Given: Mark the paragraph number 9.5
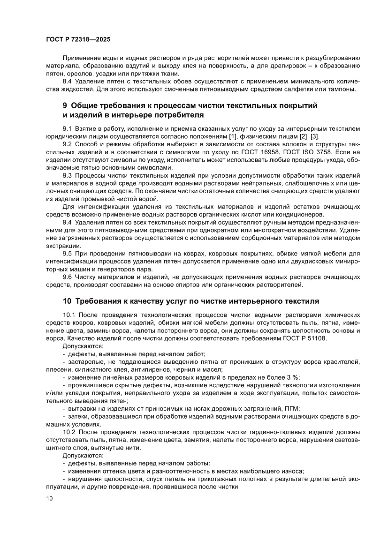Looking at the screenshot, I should pyautogui.click(x=68, y=253).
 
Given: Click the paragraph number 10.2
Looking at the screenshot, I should pyautogui.click(x=70, y=432).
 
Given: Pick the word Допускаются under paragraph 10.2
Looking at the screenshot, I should pyautogui.click(x=84, y=455).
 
